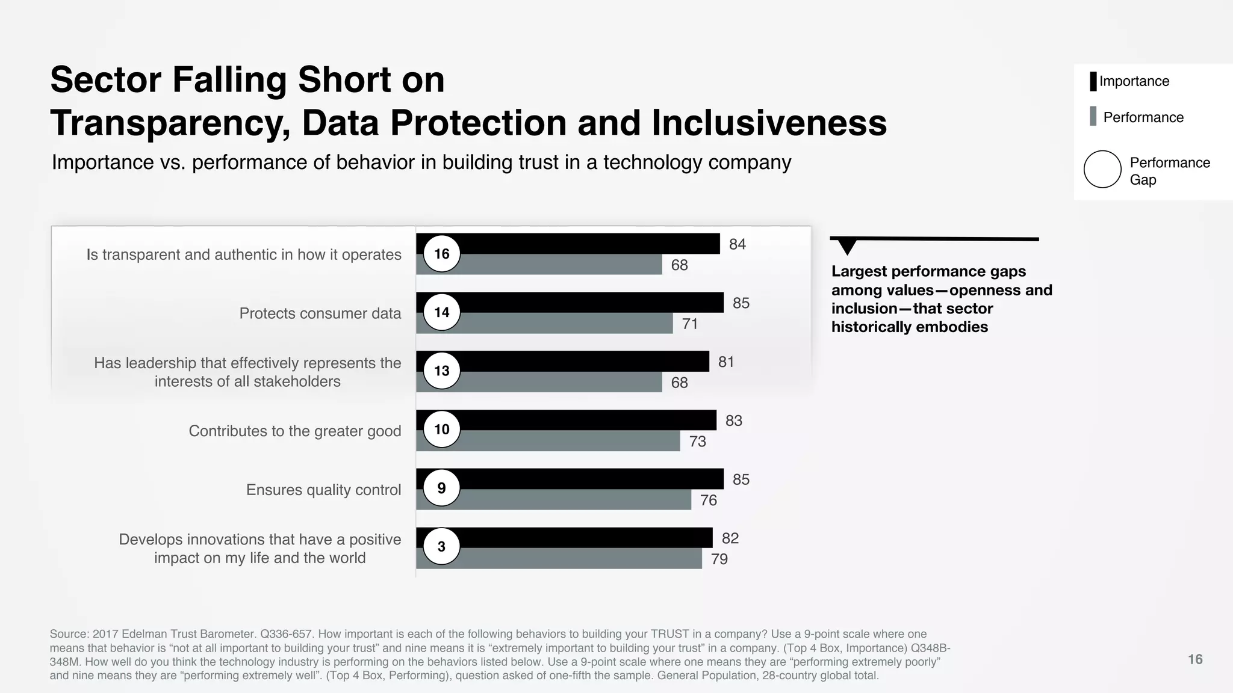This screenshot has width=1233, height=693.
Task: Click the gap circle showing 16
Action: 441,254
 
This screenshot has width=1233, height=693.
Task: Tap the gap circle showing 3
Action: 441,546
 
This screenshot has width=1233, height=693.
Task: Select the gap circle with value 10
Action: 441,430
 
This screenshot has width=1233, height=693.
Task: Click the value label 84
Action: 737,244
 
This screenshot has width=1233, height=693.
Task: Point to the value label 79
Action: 719,559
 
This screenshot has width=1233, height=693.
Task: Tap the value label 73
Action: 697,442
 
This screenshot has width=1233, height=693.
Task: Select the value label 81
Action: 726,362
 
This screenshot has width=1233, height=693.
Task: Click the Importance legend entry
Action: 1134,81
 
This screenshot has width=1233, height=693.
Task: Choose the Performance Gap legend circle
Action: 1102,169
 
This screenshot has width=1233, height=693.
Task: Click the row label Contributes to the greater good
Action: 294,431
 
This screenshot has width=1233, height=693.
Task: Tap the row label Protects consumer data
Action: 320,313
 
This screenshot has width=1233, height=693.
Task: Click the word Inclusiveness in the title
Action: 769,123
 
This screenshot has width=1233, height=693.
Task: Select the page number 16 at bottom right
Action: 1194,659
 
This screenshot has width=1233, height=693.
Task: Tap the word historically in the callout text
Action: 874,327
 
